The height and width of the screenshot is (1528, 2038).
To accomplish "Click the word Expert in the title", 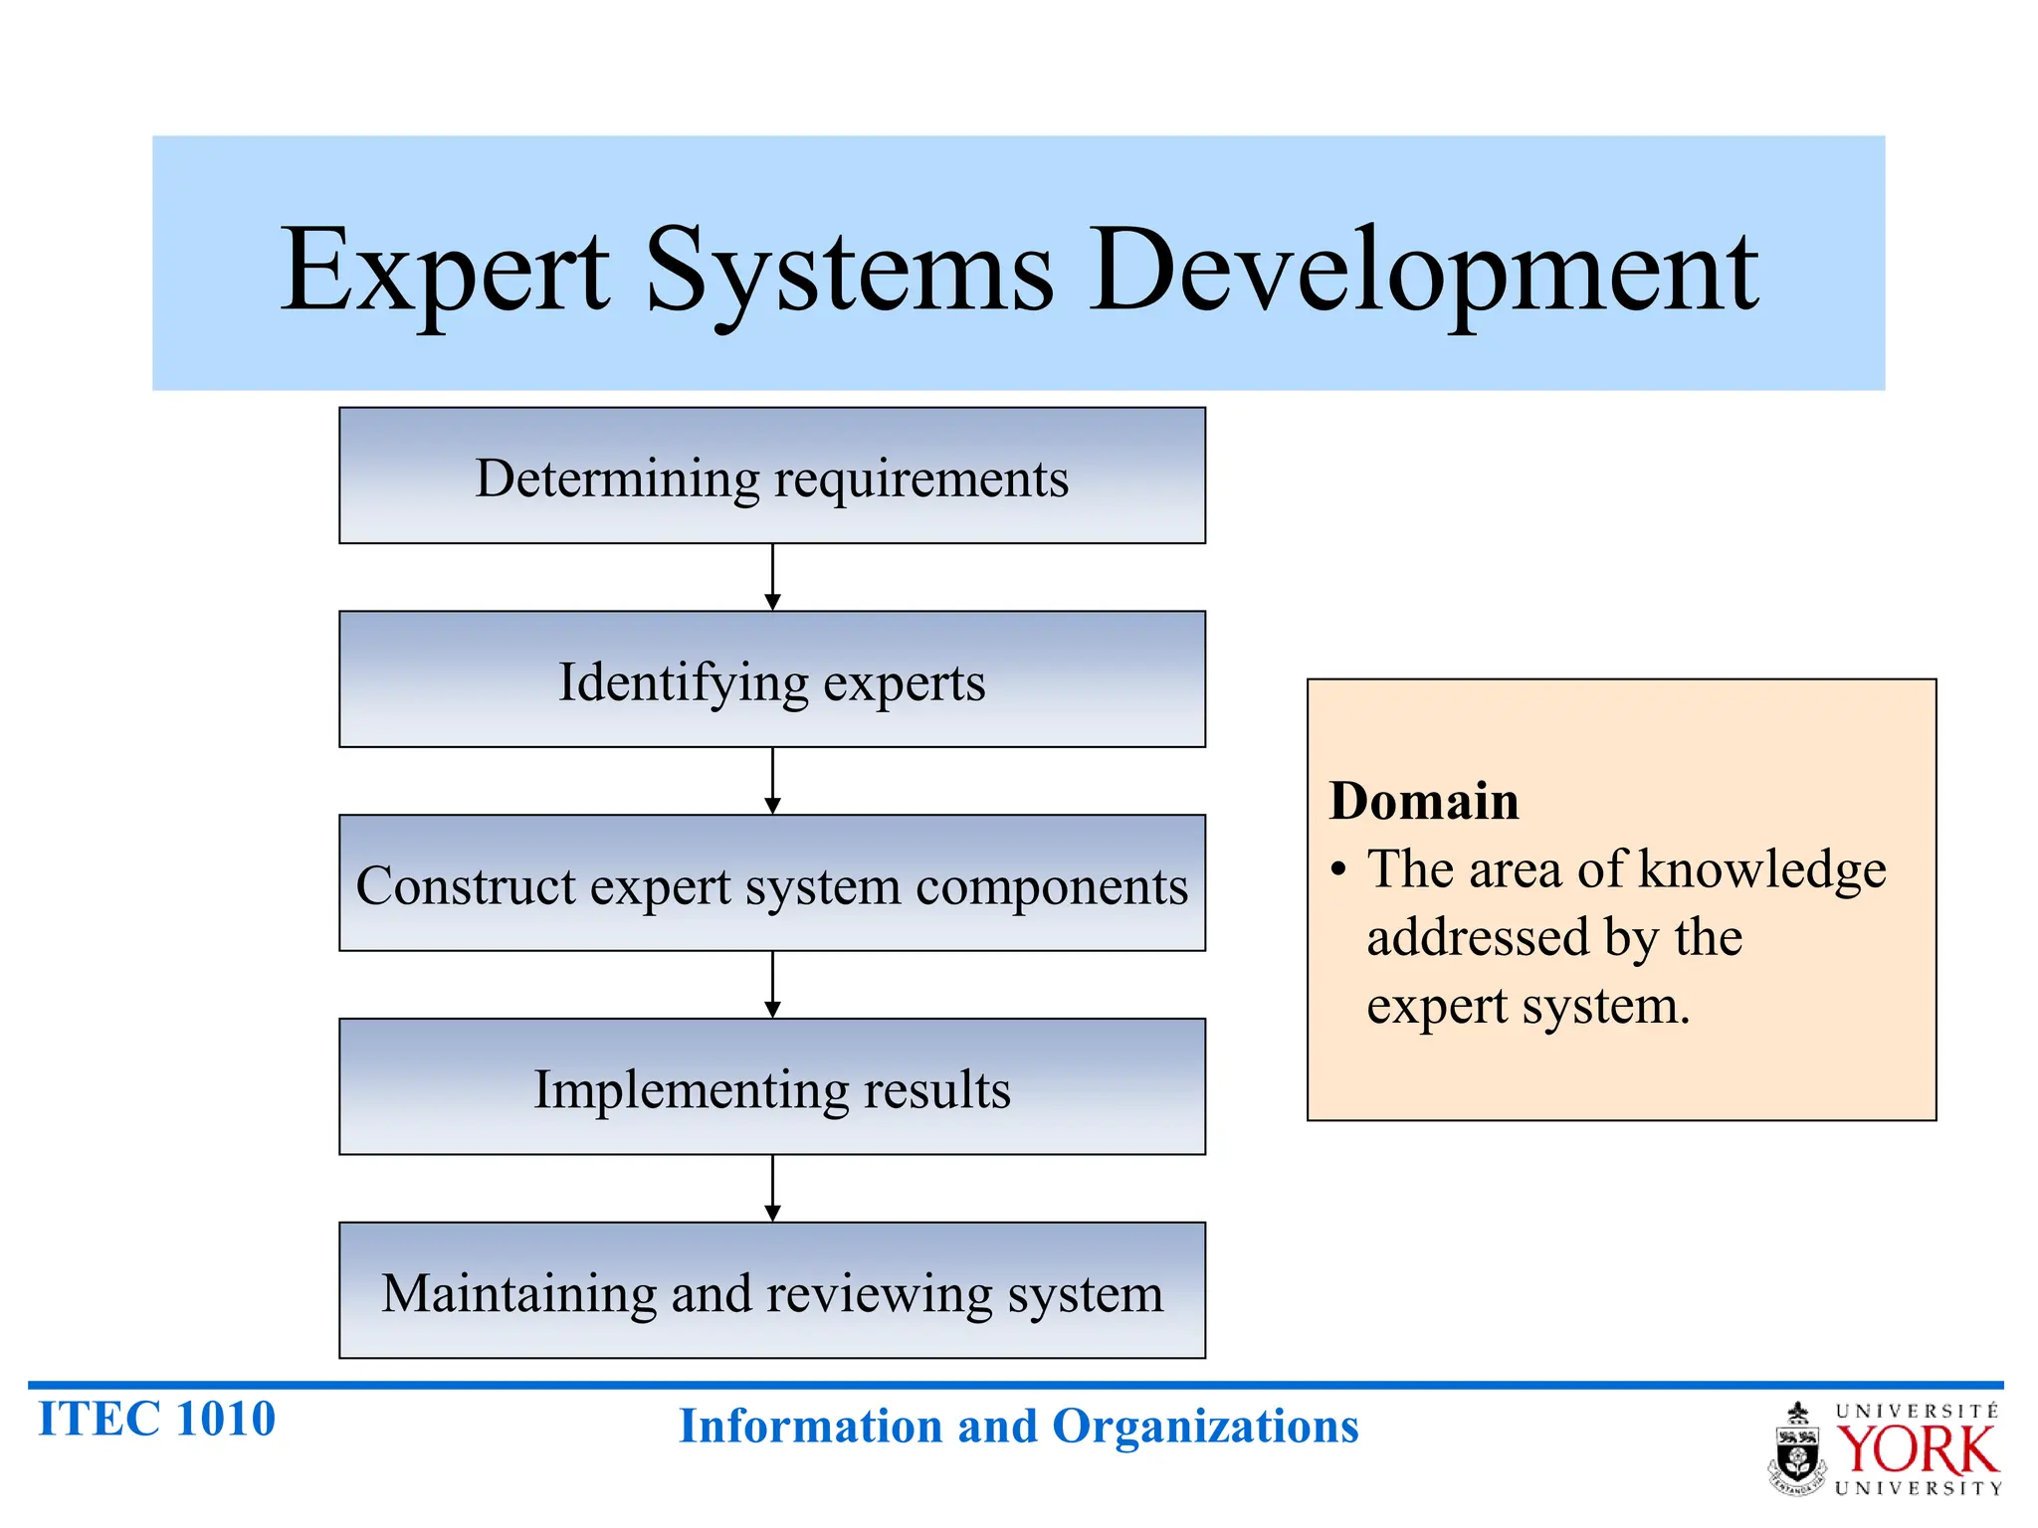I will click(x=445, y=271).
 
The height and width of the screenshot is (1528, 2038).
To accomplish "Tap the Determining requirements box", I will click(x=772, y=477).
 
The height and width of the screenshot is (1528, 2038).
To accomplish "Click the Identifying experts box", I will click(x=772, y=680).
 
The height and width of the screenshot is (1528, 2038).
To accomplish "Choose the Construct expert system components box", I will click(x=772, y=884).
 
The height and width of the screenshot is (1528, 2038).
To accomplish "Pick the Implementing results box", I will click(x=772, y=1087).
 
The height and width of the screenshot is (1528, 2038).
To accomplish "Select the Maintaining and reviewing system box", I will click(x=772, y=1291).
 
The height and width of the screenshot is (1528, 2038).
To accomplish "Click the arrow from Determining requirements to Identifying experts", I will click(x=772, y=578).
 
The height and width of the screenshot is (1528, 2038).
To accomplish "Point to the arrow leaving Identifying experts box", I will click(x=772, y=782).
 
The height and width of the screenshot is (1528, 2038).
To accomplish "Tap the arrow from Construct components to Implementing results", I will click(x=772, y=985).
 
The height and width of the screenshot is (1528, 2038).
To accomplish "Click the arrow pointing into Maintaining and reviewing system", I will click(x=772, y=1189).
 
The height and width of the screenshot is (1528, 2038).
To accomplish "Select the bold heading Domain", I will click(x=1424, y=801).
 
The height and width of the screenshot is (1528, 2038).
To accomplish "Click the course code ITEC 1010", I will click(x=156, y=1419).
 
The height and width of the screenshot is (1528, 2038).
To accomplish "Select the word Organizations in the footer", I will click(x=1205, y=1427).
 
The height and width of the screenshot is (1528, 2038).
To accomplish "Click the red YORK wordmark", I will click(x=1917, y=1450).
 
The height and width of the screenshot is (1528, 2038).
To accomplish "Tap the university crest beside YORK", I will click(x=1797, y=1450).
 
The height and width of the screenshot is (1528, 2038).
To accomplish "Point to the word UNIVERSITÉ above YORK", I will click(x=1917, y=1412).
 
